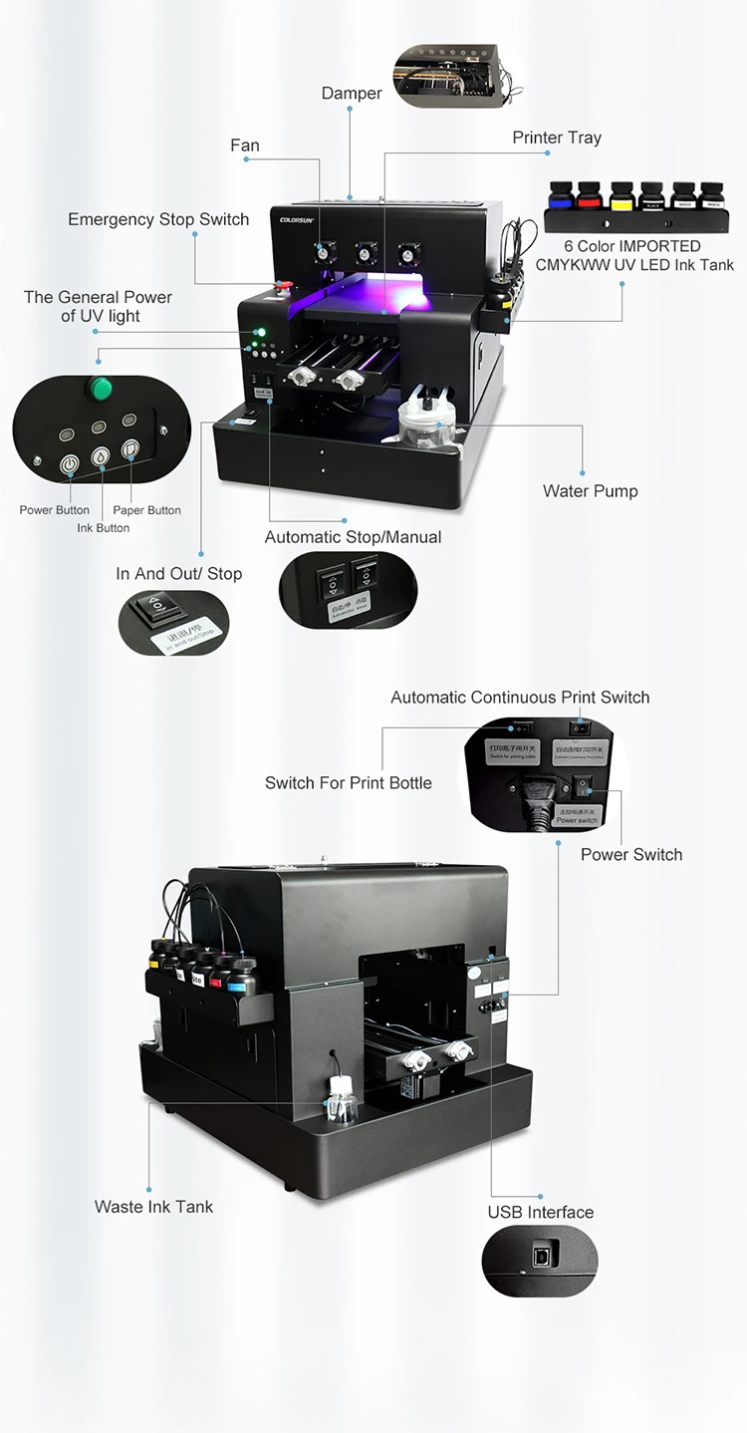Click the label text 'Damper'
point(351,93)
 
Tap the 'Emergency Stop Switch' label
point(158,219)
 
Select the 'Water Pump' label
point(590,490)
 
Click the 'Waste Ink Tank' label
point(153,1206)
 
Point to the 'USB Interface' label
point(540,1212)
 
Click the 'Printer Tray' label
point(557,138)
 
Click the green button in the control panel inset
point(100,387)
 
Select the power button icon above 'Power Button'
point(69,463)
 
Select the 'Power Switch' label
point(631,854)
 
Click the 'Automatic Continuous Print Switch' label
point(520,698)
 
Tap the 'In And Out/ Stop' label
point(178,573)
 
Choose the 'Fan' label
point(244,145)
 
